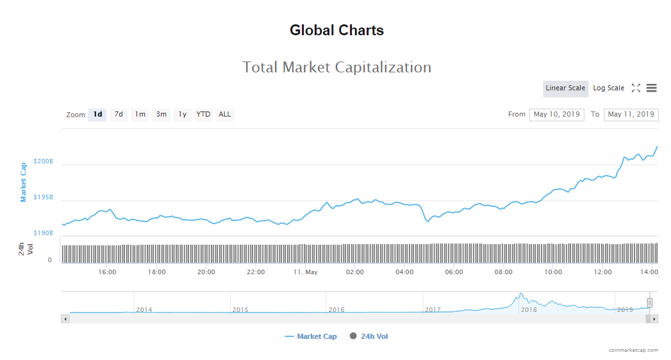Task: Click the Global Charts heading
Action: point(336,30)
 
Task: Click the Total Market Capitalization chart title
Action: point(336,67)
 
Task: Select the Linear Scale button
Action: point(565,88)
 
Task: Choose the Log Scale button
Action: point(608,88)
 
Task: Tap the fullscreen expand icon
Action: point(636,88)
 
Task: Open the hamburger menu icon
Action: point(651,88)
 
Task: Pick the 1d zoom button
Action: point(97,115)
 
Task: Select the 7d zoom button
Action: point(119,115)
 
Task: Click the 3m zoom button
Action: point(161,115)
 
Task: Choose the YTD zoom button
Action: point(203,115)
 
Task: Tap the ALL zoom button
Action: point(224,115)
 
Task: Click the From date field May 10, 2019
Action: point(556,115)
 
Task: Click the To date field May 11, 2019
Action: point(631,115)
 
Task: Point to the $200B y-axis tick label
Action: point(44,161)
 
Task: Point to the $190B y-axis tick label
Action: point(44,233)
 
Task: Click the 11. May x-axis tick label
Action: point(305,272)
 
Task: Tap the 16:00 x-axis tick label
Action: point(107,272)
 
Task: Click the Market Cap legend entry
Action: point(311,336)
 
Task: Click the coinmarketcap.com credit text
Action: point(633,350)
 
